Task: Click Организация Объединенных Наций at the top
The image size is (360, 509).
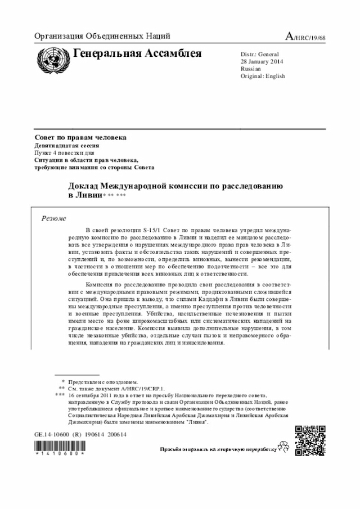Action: click(x=102, y=37)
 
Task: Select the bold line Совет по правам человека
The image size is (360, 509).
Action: click(x=80, y=138)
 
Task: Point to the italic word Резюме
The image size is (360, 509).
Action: click(x=54, y=218)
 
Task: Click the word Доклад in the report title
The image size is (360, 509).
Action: click(x=84, y=186)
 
